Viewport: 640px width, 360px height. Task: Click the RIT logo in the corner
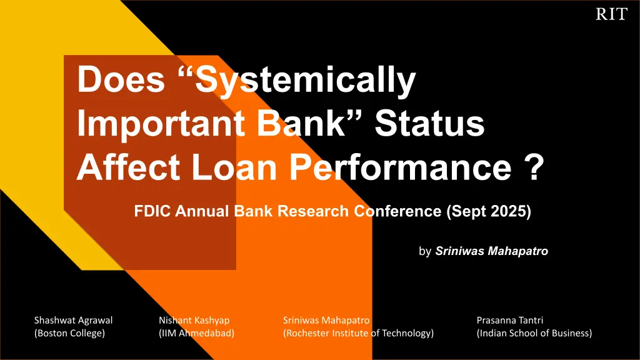[611, 14]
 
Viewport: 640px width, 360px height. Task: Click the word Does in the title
[121, 79]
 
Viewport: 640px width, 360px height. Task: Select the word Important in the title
[161, 123]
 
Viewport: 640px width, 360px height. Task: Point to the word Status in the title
[429, 123]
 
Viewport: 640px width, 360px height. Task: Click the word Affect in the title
[128, 167]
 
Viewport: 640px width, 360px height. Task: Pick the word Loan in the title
[234, 167]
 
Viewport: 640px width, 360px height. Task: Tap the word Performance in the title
[401, 167]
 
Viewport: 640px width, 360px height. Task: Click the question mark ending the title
[534, 166]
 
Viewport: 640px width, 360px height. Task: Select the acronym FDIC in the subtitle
[152, 211]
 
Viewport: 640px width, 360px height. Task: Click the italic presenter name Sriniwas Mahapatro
[491, 251]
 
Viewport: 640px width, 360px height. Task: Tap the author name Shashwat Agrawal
[74, 321]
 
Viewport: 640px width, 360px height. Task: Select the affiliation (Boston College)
[69, 333]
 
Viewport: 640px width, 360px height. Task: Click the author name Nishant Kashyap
[194, 321]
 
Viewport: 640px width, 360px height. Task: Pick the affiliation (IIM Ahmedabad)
[197, 333]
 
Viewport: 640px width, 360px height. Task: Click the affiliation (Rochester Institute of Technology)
[358, 333]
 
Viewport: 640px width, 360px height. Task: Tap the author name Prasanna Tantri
[510, 321]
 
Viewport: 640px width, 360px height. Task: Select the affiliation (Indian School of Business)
[534, 333]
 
